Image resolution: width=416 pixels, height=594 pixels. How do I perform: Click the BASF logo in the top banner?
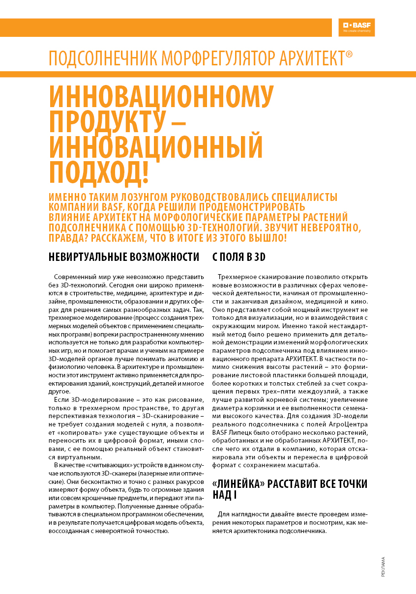356,27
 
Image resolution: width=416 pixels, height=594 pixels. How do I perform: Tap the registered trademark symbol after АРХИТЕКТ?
349,54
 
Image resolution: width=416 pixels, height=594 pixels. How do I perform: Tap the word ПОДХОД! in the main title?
99,170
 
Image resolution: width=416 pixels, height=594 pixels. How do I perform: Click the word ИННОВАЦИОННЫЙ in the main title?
156,146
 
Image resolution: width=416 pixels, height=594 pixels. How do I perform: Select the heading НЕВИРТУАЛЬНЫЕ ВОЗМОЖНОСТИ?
124,256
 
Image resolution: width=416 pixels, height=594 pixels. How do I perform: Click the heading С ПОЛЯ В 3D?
239,256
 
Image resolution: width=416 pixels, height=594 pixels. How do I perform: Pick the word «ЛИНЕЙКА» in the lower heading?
238,484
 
